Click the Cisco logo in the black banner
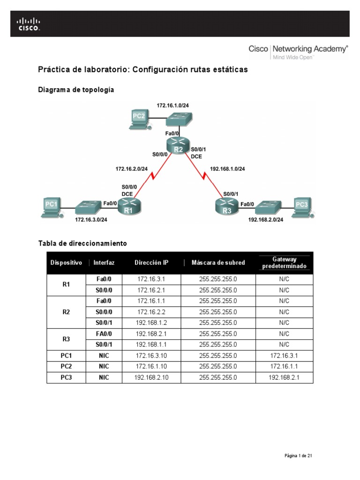29,23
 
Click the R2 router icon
178,146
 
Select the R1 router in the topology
128,207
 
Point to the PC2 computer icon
140,119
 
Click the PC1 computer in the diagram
51,207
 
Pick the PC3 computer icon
300,207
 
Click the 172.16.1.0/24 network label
172,106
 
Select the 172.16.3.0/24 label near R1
91,219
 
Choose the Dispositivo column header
66,263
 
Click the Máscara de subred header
218,263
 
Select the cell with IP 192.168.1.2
151,322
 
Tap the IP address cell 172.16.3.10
151,355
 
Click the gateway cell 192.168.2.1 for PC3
284,377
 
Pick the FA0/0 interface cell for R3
104,333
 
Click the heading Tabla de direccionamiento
82,244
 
